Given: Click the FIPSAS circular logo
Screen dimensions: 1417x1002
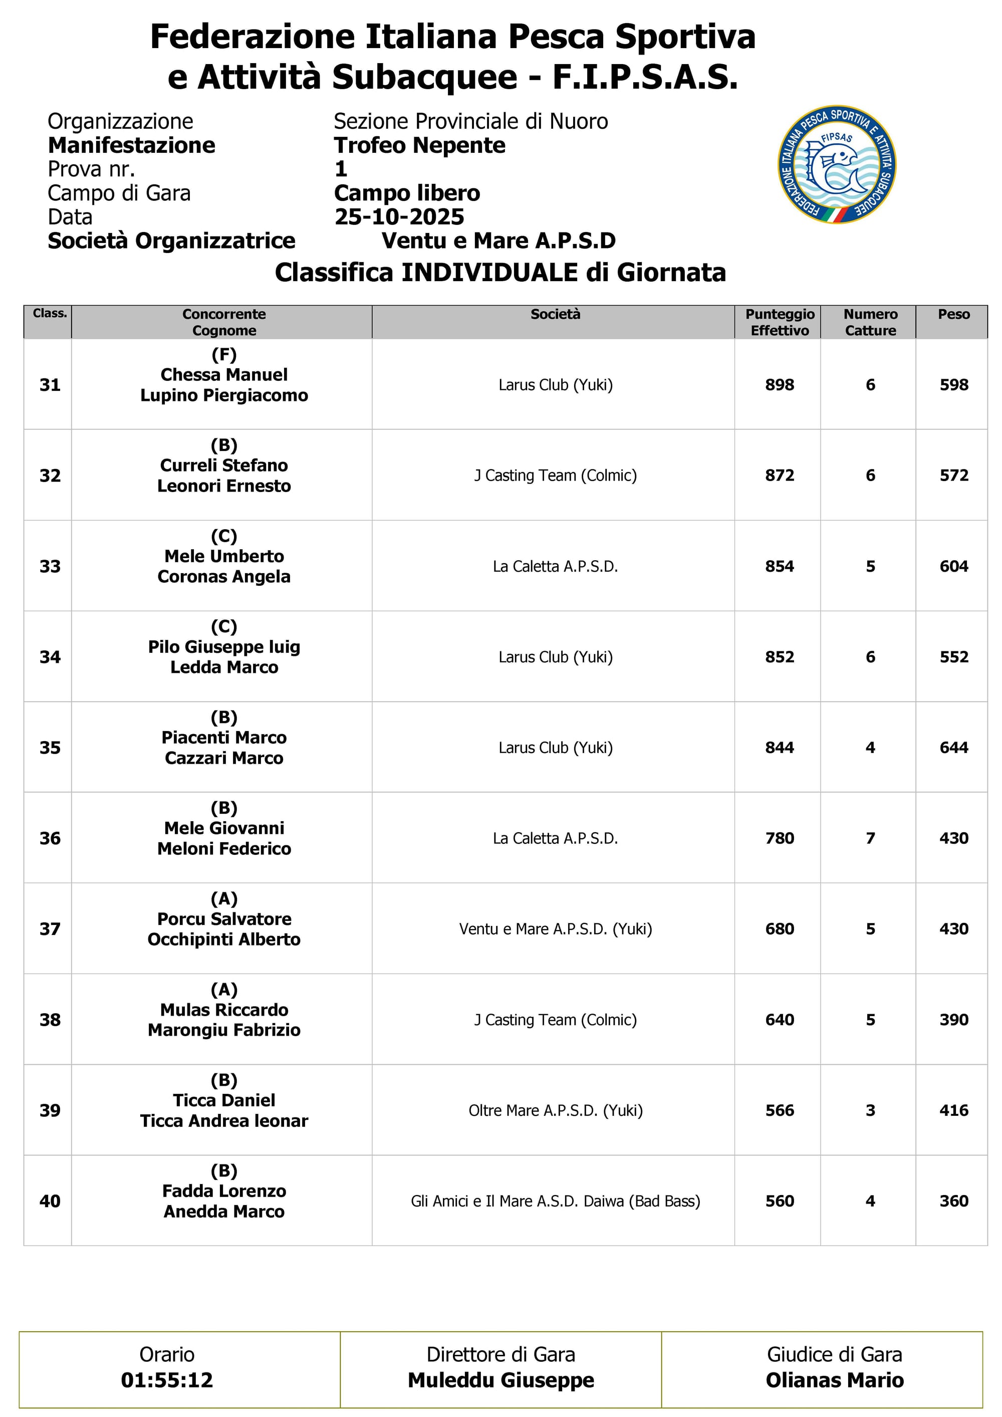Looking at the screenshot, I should (x=837, y=164).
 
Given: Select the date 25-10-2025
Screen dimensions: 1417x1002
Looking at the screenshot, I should (x=399, y=216).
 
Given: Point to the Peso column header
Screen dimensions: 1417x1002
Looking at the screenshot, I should (x=953, y=314).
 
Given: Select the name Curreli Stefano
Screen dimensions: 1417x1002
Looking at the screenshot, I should (x=224, y=465).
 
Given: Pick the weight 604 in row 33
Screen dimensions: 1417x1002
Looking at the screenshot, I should (x=953, y=567).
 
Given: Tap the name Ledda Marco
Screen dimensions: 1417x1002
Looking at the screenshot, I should (x=224, y=667).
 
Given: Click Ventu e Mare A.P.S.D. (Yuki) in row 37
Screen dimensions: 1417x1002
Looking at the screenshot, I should (x=555, y=929).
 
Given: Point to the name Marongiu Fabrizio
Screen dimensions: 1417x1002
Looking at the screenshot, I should (x=224, y=1030).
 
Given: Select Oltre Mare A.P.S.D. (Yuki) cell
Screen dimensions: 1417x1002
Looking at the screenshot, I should (x=555, y=1110).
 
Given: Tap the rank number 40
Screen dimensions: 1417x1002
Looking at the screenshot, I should (x=50, y=1201).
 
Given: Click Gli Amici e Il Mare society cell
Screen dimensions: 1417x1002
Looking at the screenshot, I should (x=555, y=1201).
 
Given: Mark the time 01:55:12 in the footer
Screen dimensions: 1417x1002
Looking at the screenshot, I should (x=167, y=1380).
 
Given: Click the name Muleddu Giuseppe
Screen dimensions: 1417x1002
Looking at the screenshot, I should (x=500, y=1380).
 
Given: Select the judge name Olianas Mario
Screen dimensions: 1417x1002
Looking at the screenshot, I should (x=834, y=1380).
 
